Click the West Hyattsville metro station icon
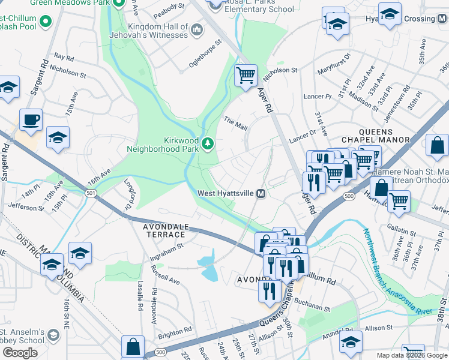tap(261, 193)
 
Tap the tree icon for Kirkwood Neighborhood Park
tap(208, 143)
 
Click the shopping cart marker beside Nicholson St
tap(246, 76)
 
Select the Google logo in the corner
tap(20, 352)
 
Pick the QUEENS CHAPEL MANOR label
tap(375, 136)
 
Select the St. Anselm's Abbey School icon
tap(53, 335)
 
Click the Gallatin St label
tap(402, 232)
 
